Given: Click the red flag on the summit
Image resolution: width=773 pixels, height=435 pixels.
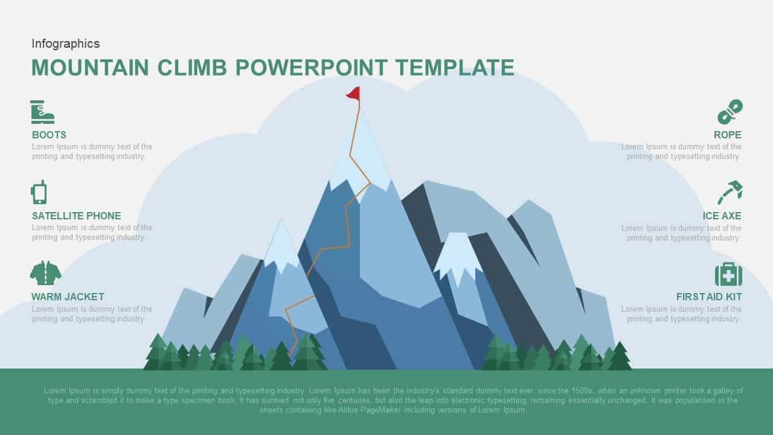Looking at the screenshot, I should coord(353,93).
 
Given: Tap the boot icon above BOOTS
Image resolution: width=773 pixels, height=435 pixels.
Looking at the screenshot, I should coord(42,112).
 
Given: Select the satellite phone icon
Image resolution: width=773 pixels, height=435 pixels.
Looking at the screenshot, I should coord(39,192).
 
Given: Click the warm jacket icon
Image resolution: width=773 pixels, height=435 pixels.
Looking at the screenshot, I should coord(45,273).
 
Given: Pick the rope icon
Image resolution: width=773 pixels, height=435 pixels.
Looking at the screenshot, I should coord(730,112).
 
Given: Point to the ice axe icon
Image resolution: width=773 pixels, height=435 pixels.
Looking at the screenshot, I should coord(730,192).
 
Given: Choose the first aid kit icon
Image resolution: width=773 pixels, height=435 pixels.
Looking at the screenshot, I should coord(728,274).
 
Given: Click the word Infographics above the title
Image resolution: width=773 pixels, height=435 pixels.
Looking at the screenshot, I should coord(66,43).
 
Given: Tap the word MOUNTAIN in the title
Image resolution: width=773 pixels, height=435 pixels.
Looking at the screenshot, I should coord(90,68).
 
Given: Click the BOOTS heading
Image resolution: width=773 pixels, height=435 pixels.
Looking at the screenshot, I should coord(49,135).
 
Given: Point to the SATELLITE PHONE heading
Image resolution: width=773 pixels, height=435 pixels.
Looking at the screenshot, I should coord(77,216).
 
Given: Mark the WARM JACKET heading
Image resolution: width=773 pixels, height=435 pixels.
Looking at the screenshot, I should coord(68,297).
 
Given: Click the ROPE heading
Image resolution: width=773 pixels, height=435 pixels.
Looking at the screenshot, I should coord(727,135).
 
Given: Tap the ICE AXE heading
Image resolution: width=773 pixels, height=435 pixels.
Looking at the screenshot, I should coord(722,216).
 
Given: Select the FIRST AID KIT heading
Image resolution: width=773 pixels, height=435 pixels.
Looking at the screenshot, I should coord(709,297).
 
